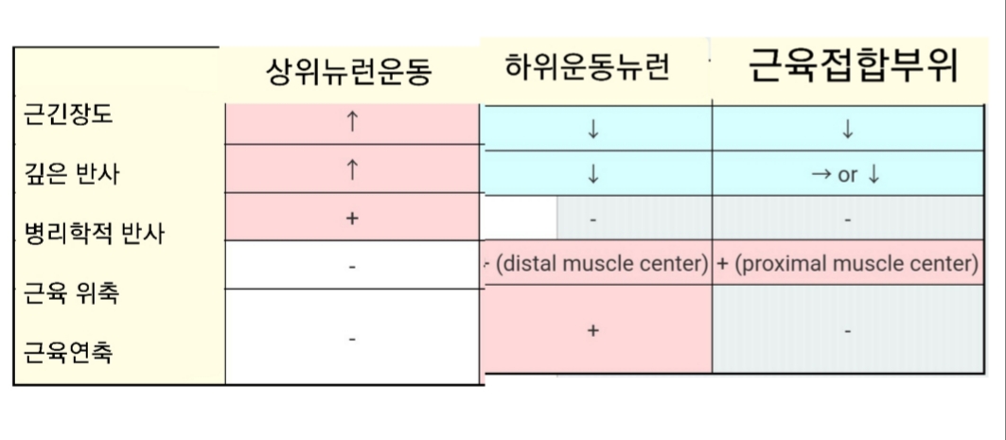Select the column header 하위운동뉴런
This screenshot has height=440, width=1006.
click(588, 68)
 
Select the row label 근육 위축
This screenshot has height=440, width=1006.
click(70, 292)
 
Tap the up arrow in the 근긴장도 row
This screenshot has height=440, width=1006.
click(352, 121)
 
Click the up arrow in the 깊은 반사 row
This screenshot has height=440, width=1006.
click(352, 169)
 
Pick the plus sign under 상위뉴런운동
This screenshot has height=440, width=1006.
click(352, 219)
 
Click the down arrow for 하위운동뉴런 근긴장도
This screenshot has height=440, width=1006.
click(593, 131)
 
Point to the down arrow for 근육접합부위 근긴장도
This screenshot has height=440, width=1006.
click(847, 131)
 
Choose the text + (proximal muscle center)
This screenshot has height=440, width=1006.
click(847, 264)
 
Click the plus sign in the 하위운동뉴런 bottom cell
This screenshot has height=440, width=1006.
click(593, 331)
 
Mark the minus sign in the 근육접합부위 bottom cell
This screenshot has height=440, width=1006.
click(847, 331)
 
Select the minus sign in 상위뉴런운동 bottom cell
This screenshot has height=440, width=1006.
click(352, 339)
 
